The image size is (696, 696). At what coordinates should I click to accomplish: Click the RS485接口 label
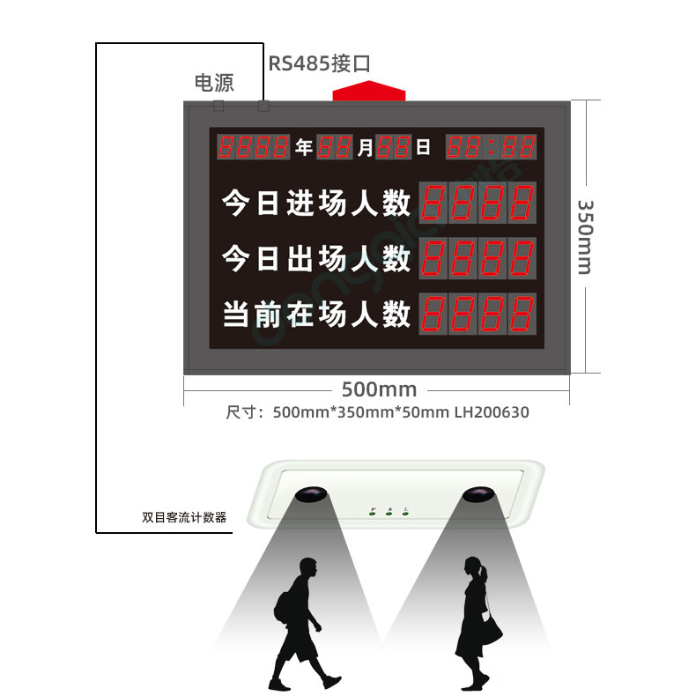click(x=319, y=63)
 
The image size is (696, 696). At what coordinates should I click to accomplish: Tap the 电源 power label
click(x=214, y=83)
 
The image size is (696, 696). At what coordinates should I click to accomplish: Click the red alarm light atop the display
click(x=368, y=91)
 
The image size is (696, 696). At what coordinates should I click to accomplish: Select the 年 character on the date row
click(x=304, y=147)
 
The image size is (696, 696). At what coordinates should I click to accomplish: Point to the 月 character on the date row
click(x=365, y=147)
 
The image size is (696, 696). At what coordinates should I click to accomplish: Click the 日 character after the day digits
click(x=423, y=147)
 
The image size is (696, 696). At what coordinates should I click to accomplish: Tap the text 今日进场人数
click(x=316, y=204)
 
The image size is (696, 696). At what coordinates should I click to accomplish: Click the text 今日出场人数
click(x=316, y=259)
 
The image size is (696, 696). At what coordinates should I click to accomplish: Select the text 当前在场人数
click(x=316, y=313)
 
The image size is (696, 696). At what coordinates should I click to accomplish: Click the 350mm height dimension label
click(x=585, y=236)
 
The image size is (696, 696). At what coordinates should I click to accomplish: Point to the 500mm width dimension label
click(x=379, y=389)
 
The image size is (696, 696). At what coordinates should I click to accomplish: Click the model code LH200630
click(x=492, y=411)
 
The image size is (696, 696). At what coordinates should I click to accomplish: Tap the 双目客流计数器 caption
click(x=184, y=517)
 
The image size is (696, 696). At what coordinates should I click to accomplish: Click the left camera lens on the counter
click(x=308, y=495)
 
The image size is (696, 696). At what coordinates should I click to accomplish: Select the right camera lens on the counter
click(x=478, y=494)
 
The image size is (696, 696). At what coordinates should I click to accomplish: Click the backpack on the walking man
click(x=285, y=608)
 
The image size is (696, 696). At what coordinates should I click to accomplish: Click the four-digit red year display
click(x=254, y=147)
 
